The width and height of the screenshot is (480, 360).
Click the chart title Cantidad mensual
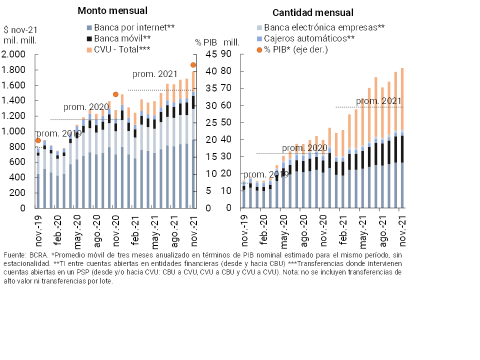click(312, 13)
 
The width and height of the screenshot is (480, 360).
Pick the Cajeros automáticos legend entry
click(309, 38)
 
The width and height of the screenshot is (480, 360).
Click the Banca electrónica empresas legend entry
click(324, 27)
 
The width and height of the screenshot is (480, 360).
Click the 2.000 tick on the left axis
click(14, 54)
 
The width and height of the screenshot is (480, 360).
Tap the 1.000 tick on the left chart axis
click(14, 131)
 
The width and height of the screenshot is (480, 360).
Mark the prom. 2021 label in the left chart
click(155, 74)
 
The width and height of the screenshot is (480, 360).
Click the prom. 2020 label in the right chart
click(304, 148)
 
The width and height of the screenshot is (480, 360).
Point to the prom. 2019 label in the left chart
click(59, 133)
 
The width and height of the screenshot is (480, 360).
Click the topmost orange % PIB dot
click(193, 65)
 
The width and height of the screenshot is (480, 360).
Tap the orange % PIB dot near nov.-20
click(115, 94)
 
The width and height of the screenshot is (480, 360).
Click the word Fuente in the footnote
click(14, 255)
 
